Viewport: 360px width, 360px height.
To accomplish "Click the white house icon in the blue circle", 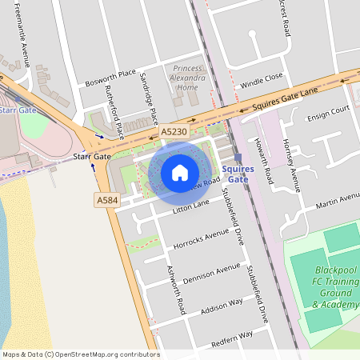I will point(180,172).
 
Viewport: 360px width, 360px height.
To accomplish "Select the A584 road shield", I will point(106,199).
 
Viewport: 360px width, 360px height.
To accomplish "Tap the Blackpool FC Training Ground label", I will point(335,287).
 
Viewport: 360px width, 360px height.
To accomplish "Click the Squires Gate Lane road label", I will point(285,98).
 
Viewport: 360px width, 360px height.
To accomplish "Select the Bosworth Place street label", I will point(110,78).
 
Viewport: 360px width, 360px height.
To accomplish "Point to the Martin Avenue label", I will point(337,201).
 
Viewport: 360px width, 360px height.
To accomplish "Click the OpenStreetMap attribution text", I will point(80,354).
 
